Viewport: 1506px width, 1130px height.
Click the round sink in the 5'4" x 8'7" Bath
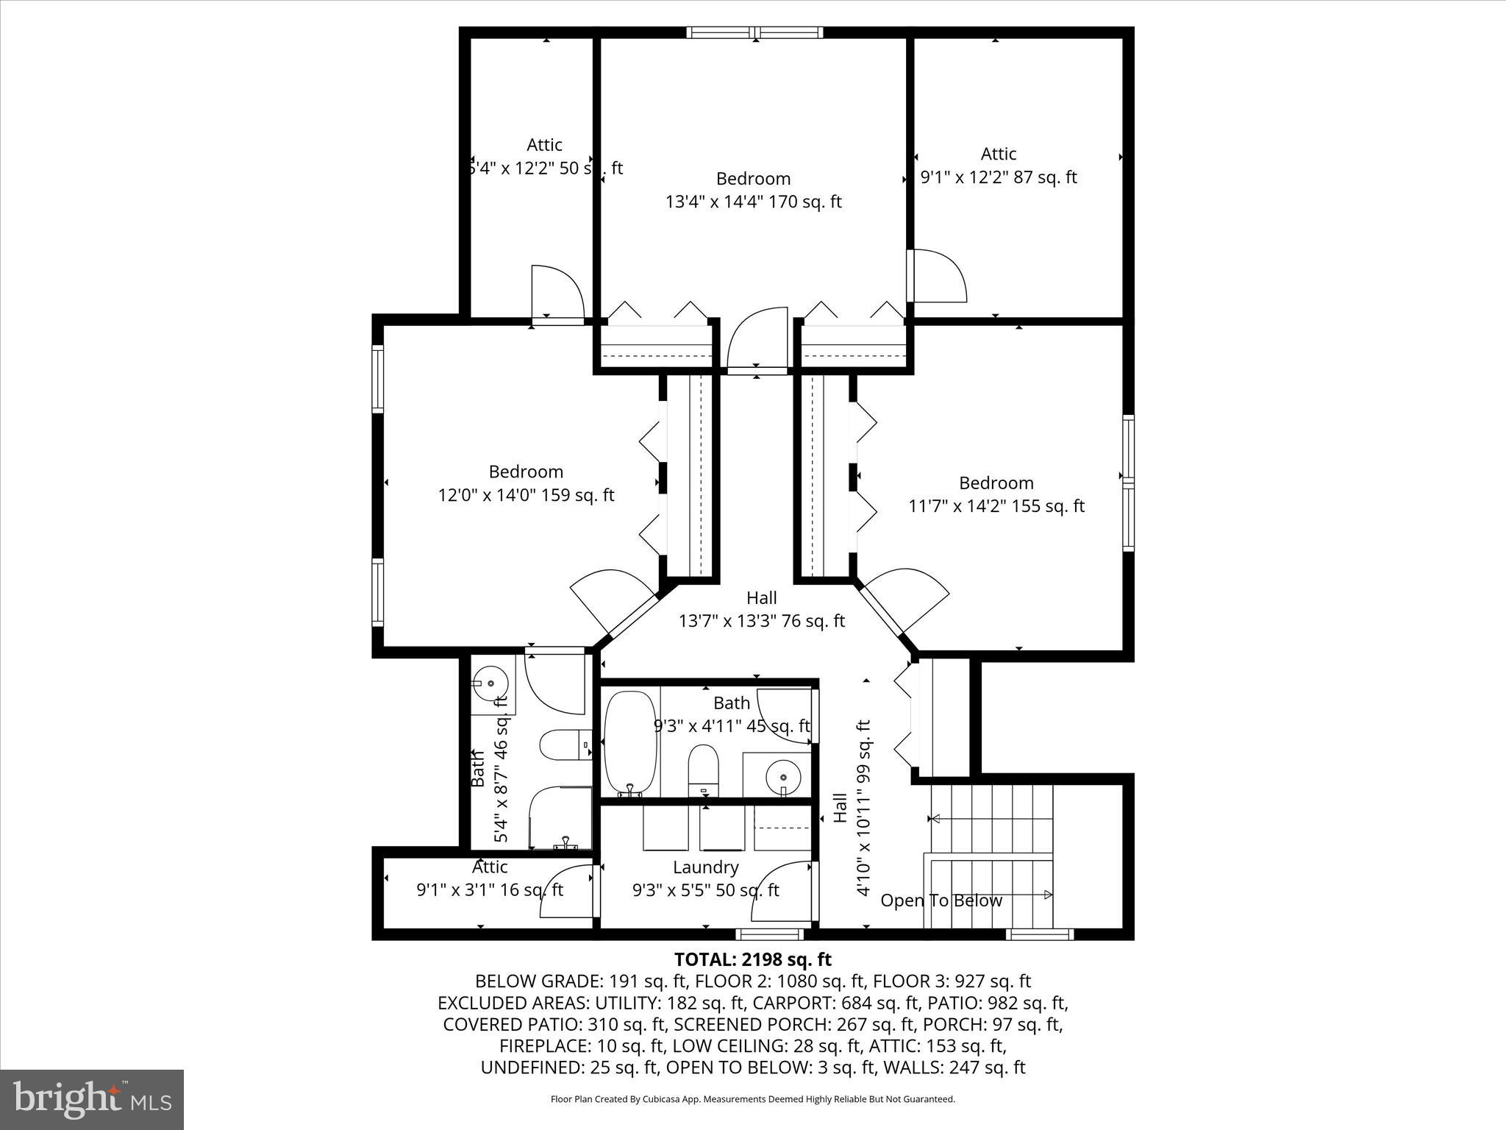pyautogui.click(x=491, y=683)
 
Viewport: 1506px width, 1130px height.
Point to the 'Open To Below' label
pyautogui.click(x=941, y=900)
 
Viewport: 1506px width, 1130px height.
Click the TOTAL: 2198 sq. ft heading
pyautogui.click(x=752, y=959)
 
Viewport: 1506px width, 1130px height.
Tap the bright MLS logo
pyautogui.click(x=92, y=1099)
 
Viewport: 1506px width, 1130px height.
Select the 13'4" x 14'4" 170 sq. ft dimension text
pyautogui.click(x=753, y=202)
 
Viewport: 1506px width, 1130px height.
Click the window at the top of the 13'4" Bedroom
pyautogui.click(x=754, y=32)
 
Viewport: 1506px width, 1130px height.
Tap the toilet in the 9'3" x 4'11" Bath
pyautogui.click(x=703, y=769)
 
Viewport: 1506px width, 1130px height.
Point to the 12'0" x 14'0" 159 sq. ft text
pyautogui.click(x=526, y=495)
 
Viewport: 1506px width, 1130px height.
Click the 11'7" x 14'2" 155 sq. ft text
pyautogui.click(x=996, y=506)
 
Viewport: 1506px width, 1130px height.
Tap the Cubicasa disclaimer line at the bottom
pyautogui.click(x=752, y=1099)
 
